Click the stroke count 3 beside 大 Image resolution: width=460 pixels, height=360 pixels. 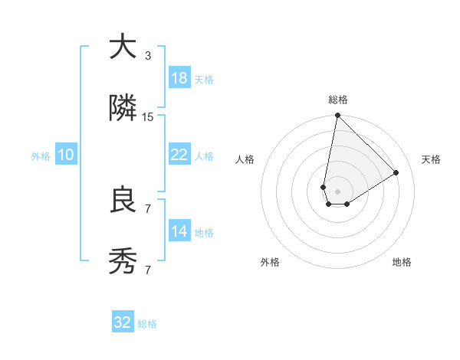tap(148, 56)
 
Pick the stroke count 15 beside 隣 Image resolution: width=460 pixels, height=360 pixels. tap(148, 117)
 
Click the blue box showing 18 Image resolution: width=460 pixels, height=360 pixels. tap(179, 78)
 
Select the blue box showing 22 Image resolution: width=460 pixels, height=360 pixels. tap(179, 155)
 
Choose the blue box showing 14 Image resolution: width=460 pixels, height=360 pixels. tap(179, 231)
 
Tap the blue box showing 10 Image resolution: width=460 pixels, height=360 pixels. tap(66, 155)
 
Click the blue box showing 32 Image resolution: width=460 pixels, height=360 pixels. tap(123, 322)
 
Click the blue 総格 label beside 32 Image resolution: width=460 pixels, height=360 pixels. tap(148, 324)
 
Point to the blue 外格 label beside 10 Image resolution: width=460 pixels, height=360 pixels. tap(41, 156)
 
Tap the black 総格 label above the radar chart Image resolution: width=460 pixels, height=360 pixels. tap(338, 100)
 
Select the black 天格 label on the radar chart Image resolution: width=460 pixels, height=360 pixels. tap(432, 159)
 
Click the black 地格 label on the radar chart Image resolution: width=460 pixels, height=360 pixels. tap(402, 262)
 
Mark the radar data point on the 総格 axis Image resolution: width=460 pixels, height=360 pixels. tap(337, 116)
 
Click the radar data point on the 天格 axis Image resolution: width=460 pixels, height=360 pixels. tap(396, 172)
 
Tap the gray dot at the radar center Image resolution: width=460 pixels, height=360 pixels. tap(337, 191)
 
